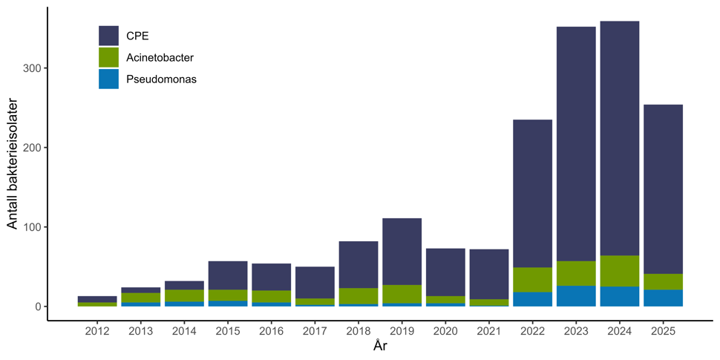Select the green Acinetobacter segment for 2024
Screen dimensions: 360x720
coord(620,271)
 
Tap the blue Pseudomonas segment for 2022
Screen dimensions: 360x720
coord(532,298)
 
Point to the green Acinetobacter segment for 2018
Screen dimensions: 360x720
coord(358,295)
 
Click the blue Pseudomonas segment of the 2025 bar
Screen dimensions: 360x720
coord(663,298)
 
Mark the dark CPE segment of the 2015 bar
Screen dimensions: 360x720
coord(227,275)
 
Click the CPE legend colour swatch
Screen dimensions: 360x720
coord(108,36)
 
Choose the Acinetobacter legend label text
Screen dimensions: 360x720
coord(160,57)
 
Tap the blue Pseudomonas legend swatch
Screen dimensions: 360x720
coord(108,79)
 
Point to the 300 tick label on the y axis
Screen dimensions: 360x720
coord(33,68)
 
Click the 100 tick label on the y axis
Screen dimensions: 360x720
coord(33,227)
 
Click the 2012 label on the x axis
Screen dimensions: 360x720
coord(96,332)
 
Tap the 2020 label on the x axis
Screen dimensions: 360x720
coord(445,332)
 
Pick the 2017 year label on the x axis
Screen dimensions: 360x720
coord(315,332)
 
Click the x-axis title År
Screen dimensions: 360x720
coord(380,347)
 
